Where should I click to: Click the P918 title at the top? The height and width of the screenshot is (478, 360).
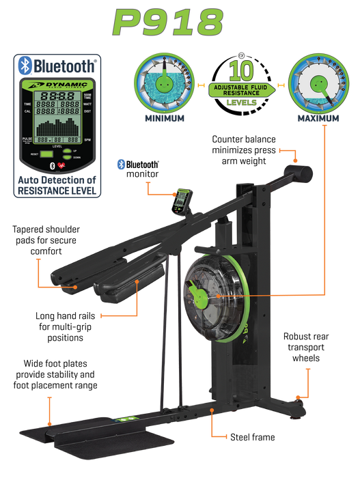tap(169, 23)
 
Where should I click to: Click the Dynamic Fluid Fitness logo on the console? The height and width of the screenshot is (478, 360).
tap(58, 85)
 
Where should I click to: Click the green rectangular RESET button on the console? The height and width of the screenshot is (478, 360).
tap(46, 155)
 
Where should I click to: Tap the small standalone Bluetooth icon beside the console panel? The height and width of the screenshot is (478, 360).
tap(120, 164)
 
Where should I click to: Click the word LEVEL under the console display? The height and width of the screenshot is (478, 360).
tap(58, 147)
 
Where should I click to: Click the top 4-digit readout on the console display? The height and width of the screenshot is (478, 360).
tap(58, 96)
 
